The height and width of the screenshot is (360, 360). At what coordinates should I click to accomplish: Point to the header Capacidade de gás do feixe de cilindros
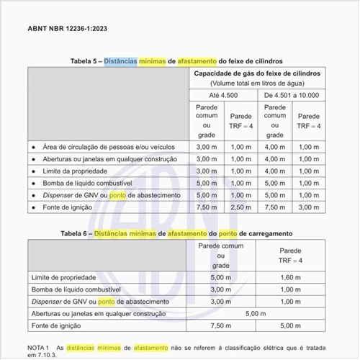(256, 74)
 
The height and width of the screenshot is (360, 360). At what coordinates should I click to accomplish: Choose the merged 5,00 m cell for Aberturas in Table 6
(256, 313)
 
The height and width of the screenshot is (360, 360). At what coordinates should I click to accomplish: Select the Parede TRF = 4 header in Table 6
(290, 255)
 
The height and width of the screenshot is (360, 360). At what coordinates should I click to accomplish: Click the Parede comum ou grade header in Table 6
(221, 256)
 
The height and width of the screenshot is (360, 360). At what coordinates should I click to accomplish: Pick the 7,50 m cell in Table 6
(221, 325)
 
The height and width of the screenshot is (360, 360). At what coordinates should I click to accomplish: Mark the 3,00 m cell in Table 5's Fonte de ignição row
(309, 207)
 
